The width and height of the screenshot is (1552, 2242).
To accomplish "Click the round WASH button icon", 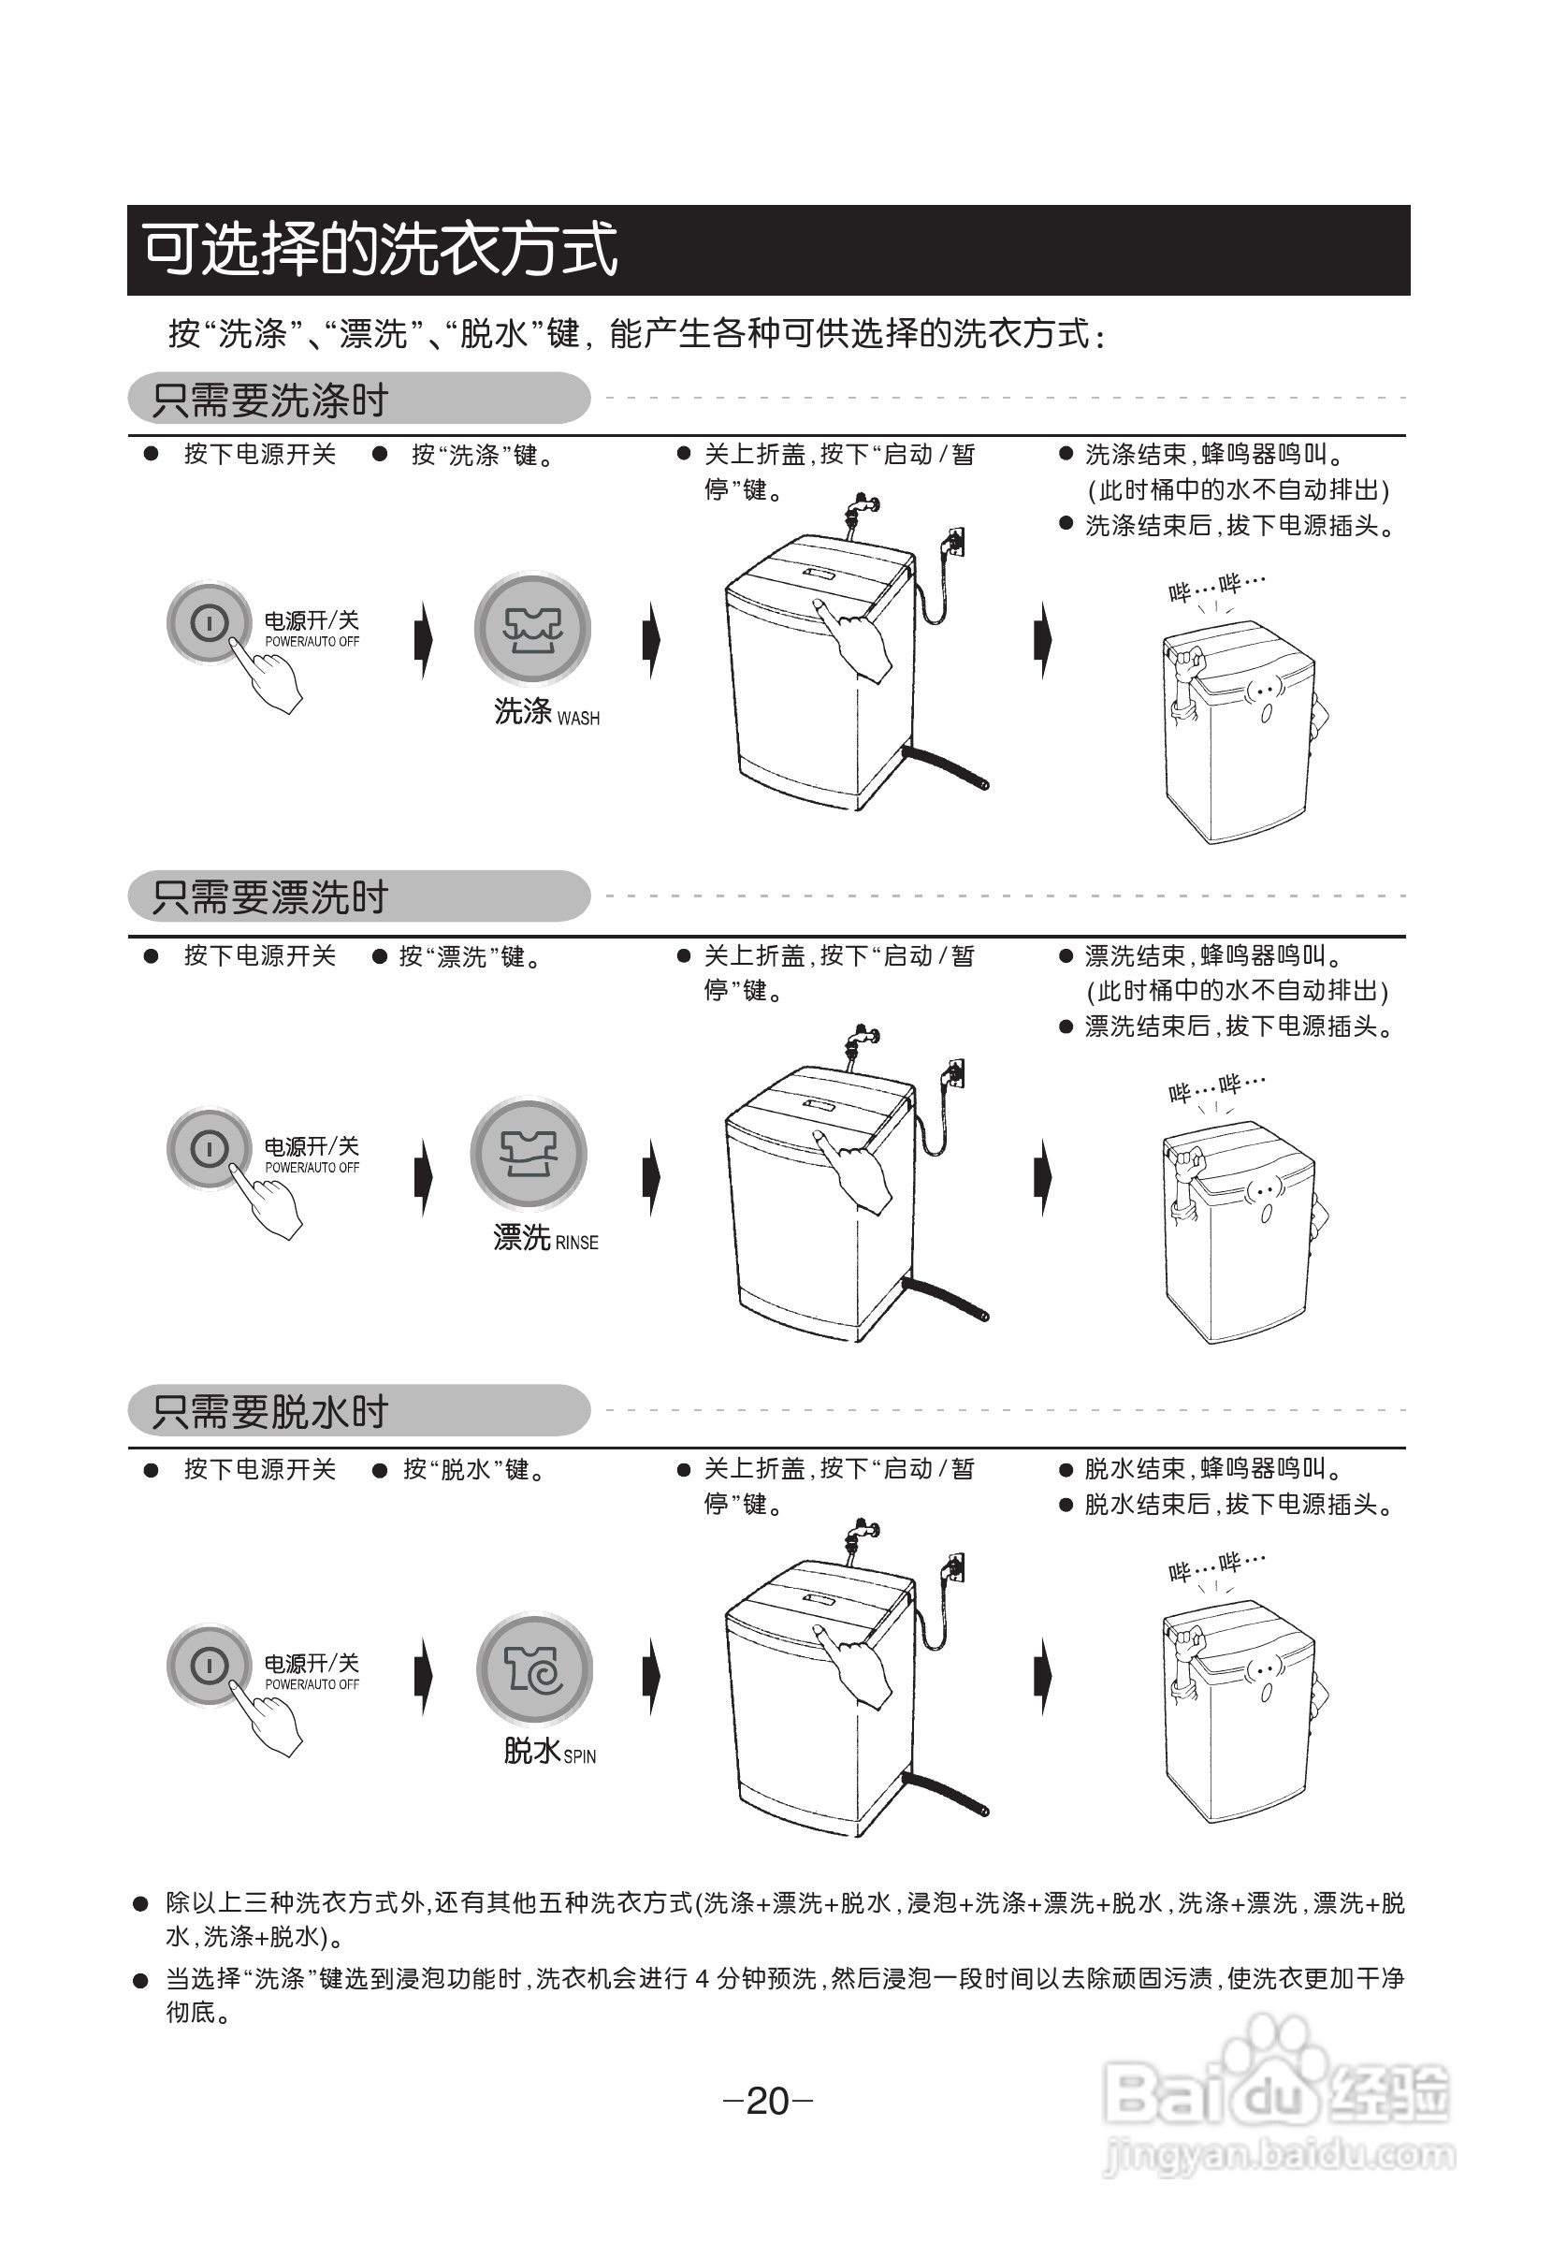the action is pos(532,630).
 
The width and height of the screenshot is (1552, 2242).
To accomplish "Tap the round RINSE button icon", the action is pos(528,1154).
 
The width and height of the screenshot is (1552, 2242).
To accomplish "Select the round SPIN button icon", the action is pos(534,1669).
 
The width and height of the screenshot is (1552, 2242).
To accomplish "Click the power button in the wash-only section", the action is pos(209,622).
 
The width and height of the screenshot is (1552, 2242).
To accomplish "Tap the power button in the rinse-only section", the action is pos(209,1149).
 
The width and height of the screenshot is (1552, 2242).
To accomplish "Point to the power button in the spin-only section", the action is pos(209,1666).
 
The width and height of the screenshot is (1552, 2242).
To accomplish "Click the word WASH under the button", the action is pos(578,719).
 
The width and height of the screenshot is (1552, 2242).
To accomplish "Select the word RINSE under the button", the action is pos(576,1243).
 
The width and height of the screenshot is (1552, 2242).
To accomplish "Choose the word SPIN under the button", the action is pos(580,1756).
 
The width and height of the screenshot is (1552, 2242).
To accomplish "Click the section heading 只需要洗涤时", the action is pos(270,400).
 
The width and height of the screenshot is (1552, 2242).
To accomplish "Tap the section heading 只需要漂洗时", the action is pos(270,896).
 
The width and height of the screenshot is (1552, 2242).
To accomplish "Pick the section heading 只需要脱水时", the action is pos(270,1411).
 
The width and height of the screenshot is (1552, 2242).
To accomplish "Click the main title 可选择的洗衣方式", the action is pos(380,249).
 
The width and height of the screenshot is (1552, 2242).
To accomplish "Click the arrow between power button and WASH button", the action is pos(424,639).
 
